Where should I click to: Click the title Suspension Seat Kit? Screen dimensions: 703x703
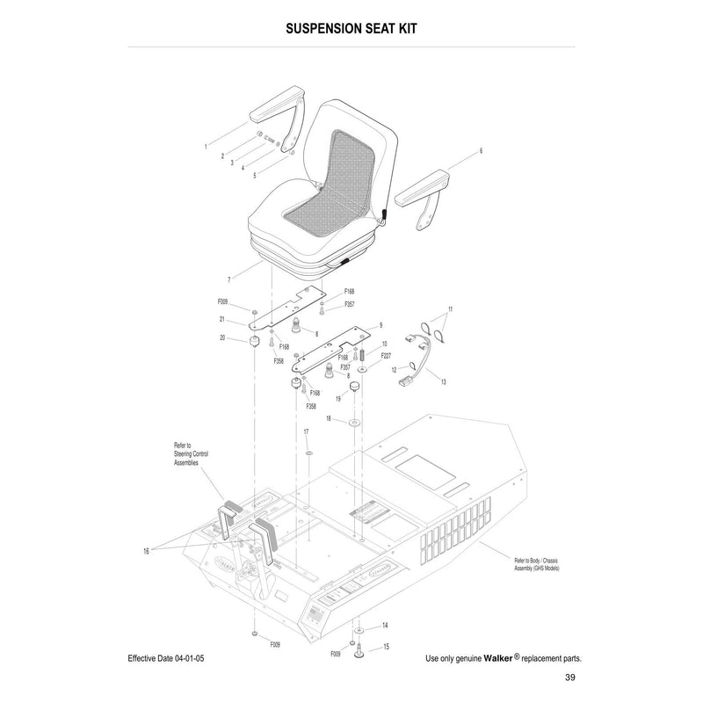tap(351, 28)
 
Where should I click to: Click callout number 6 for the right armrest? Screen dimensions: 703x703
tap(481, 151)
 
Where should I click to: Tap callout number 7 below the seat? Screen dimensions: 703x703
tap(228, 279)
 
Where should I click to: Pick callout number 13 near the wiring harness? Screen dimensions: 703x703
tap(444, 382)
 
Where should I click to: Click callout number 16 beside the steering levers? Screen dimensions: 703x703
tap(145, 550)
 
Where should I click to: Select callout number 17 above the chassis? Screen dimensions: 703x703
tap(306, 431)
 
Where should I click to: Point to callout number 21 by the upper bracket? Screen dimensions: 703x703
tap(222, 319)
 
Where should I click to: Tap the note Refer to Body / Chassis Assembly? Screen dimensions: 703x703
tap(537, 563)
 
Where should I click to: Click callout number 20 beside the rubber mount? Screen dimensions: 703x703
tap(222, 337)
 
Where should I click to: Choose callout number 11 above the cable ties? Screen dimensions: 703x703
tap(451, 309)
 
